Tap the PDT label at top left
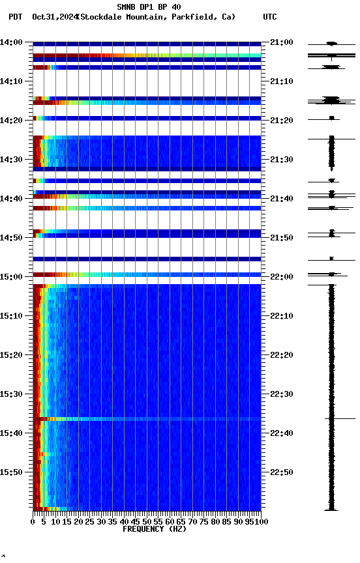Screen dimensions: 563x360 pos(16,17)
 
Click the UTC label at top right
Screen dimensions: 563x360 pos(270,17)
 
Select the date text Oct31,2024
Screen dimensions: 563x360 pos(53,17)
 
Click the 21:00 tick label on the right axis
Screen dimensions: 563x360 pos(281,42)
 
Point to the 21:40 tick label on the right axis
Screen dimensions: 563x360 pos(281,199)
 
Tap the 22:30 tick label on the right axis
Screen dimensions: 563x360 pos(281,394)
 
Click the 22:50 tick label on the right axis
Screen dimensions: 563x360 pos(281,472)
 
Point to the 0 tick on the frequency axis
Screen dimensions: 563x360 pos(33,521)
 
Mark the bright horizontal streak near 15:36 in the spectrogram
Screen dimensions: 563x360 pos(147,419)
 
